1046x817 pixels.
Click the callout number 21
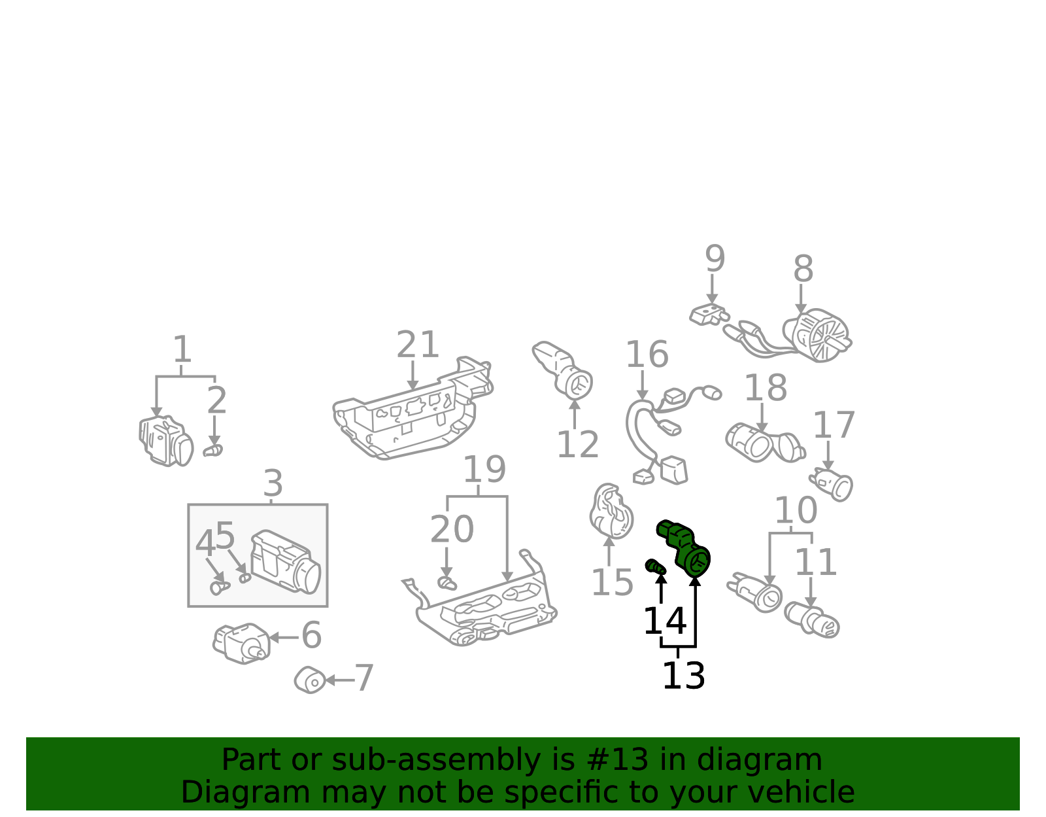coord(417,345)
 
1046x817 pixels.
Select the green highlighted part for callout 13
coord(684,548)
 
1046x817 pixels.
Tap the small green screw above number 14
coord(656,566)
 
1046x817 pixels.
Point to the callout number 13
coord(684,676)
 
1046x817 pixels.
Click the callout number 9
coord(715,258)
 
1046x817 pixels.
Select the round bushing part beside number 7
coord(310,680)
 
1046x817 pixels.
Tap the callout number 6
coord(311,634)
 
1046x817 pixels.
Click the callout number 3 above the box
coord(273,483)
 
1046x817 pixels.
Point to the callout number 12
coord(578,444)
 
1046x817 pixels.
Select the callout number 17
coord(834,425)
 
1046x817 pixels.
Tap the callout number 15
coord(612,583)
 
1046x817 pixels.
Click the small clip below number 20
coord(447,583)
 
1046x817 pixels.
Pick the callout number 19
coord(484,470)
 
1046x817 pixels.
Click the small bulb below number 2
coord(212,451)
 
